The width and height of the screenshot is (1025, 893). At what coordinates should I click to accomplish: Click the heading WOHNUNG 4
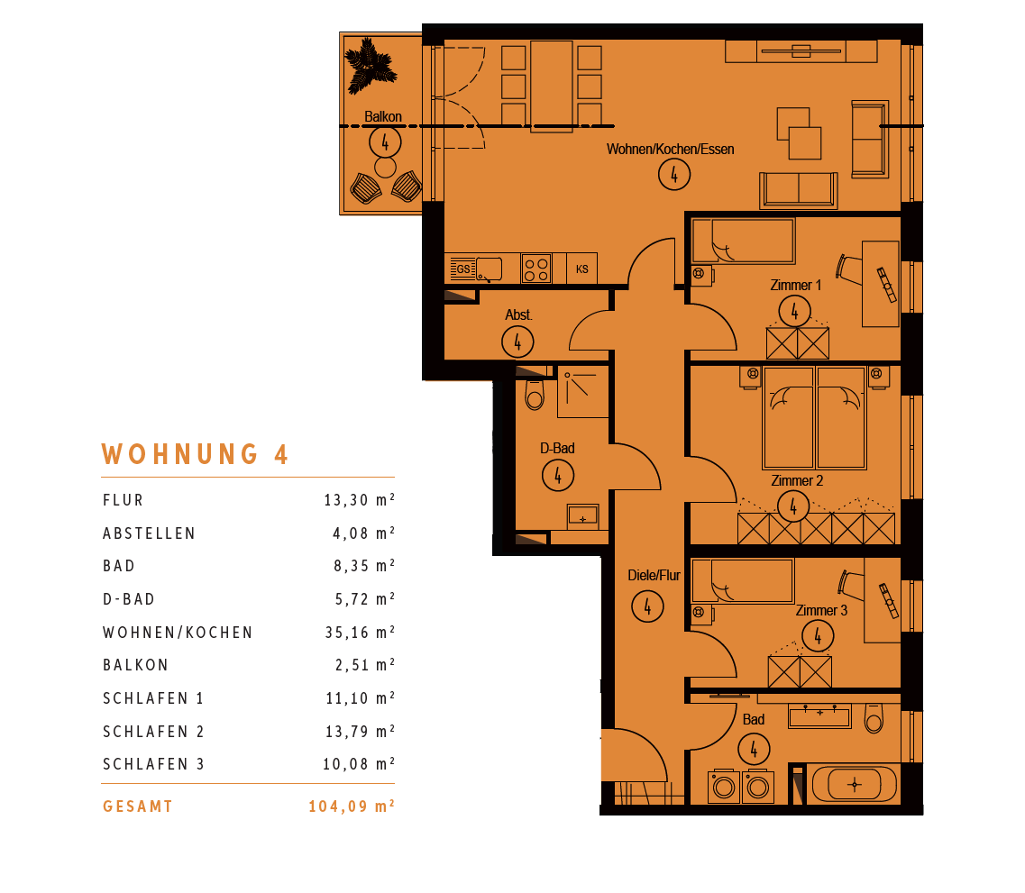point(195,454)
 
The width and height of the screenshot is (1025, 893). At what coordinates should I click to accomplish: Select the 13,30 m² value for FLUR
point(359,500)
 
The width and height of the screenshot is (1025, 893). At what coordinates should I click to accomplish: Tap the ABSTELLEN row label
point(149,533)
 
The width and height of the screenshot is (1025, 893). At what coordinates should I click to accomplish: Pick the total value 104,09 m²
point(351,806)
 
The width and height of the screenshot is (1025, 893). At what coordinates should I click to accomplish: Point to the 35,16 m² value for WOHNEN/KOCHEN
point(360,632)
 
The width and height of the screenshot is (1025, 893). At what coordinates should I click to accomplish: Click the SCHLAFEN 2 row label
point(153,731)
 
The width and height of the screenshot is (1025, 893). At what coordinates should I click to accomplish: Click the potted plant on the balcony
point(370,64)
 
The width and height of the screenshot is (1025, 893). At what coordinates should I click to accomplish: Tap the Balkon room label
point(383,117)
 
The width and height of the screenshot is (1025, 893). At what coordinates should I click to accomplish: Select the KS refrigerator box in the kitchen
point(581,269)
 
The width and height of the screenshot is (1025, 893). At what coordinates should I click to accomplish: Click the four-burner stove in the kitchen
point(536,269)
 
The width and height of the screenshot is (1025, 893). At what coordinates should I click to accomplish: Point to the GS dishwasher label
point(462,269)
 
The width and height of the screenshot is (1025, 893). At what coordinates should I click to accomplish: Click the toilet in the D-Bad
point(534,394)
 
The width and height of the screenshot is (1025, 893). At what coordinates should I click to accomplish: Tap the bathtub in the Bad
point(855,784)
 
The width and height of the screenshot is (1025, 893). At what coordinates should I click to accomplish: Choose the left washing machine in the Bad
point(724,787)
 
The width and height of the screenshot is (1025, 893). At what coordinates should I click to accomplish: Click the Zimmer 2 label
point(797,481)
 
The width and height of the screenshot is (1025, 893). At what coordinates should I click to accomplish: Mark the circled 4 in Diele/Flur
point(647,606)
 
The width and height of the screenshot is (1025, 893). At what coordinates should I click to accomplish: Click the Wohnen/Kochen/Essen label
point(670,149)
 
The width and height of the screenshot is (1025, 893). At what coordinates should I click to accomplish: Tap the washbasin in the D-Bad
point(582,515)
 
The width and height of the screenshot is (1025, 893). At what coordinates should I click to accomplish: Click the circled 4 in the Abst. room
point(517,342)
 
